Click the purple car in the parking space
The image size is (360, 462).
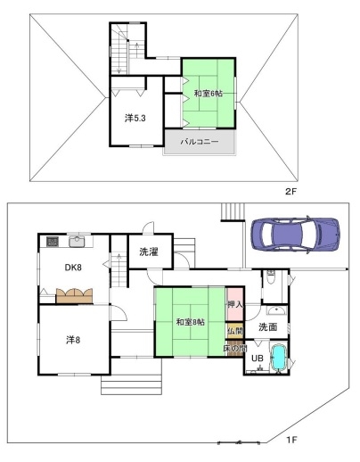click(295, 235)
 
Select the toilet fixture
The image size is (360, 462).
click(271, 276)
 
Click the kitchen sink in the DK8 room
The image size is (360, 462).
click(77, 242)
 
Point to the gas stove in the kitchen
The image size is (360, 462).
click(53, 241)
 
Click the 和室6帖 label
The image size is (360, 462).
click(209, 94)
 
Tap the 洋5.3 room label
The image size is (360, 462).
click(135, 119)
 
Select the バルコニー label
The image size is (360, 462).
click(200, 142)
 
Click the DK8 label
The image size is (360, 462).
click(73, 268)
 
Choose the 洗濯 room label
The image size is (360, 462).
click(149, 252)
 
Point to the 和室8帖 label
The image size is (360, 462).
click(191, 322)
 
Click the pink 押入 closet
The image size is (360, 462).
click(234, 304)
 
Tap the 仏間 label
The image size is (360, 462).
click(235, 331)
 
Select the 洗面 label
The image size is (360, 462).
click(268, 327)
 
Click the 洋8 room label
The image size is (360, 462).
click(73, 340)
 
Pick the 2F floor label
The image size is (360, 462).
click(290, 191)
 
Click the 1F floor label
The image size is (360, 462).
click(291, 439)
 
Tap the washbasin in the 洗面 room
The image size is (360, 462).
click(276, 310)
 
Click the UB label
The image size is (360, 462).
click(258, 359)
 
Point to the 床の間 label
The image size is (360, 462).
click(235, 348)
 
